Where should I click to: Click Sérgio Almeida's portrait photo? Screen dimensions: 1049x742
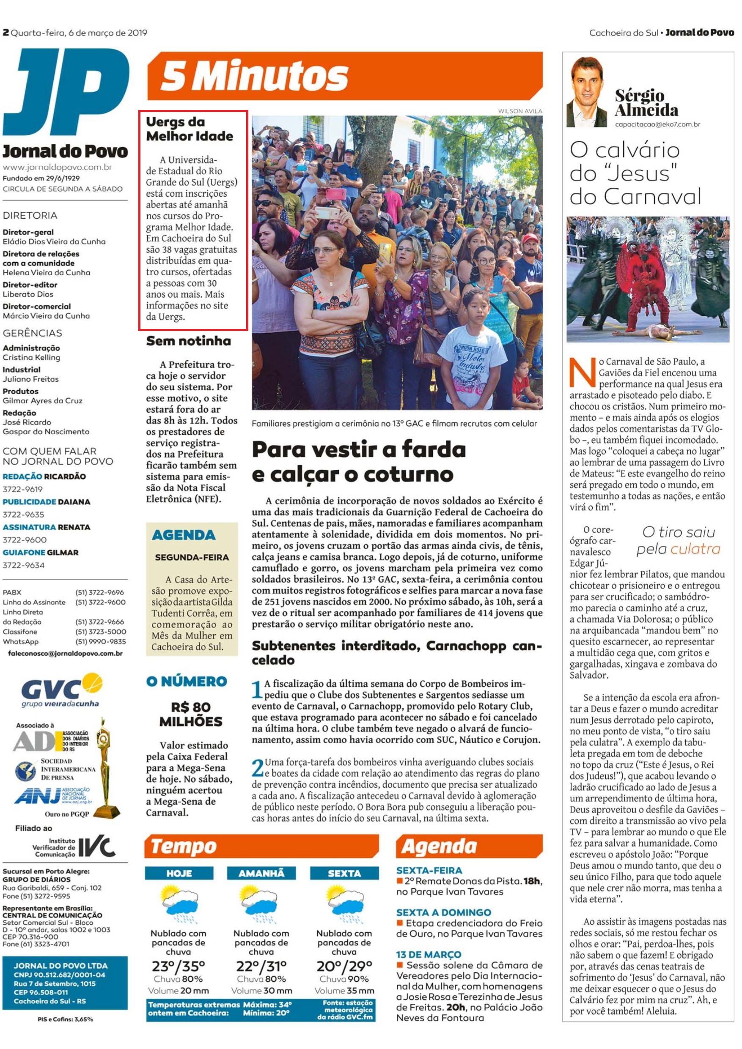(x=587, y=93)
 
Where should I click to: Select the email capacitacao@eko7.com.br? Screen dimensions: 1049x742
(x=657, y=124)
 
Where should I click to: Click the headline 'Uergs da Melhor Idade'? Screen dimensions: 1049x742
(x=189, y=129)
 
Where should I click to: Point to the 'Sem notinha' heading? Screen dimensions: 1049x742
(x=188, y=341)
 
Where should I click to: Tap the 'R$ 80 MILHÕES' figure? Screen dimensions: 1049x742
(x=191, y=714)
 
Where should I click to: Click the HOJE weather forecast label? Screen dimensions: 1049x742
(x=179, y=874)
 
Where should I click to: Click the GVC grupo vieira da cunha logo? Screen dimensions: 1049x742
(x=62, y=691)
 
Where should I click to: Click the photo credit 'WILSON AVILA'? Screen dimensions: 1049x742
(x=520, y=111)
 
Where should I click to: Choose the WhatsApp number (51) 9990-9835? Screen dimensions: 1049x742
(x=100, y=641)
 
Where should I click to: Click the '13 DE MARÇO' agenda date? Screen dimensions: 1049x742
(x=429, y=954)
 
